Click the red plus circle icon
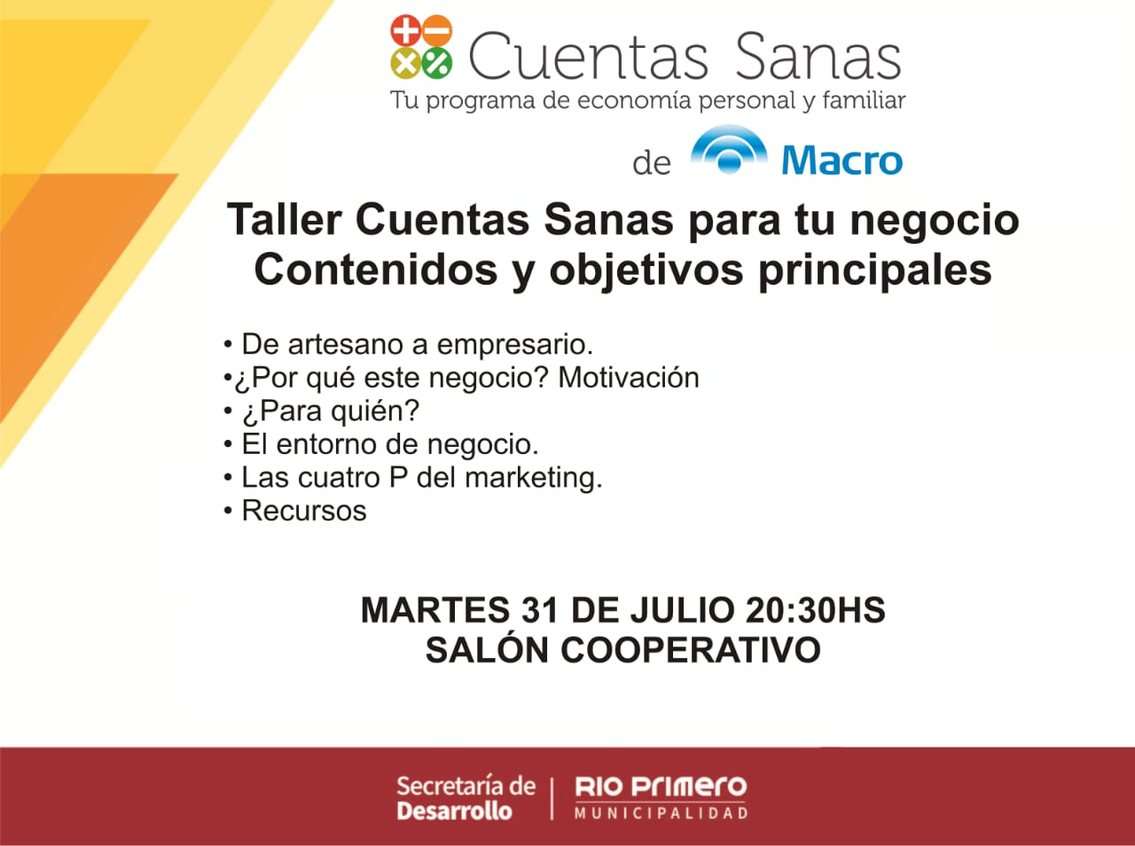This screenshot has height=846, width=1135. pos(405,30)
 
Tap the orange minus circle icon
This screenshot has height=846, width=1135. pos(437,30)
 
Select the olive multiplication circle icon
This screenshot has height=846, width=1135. pos(405,63)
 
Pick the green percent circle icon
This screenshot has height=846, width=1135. pos(437,63)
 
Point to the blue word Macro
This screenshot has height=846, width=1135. pos(841,161)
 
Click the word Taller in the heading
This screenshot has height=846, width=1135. pos(285,219)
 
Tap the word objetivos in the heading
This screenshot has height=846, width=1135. pos(646,270)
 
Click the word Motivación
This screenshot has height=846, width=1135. pos(629,378)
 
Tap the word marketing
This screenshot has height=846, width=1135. pos(534,477)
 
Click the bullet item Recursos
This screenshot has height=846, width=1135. pos(304,511)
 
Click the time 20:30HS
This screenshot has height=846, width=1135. pos(816,610)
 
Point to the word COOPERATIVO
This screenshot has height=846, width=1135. pos(691,650)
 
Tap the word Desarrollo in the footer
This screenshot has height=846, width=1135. pos(454,811)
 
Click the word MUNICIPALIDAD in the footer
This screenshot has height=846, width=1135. pos(661,813)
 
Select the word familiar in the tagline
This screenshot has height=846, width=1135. pos(864,100)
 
